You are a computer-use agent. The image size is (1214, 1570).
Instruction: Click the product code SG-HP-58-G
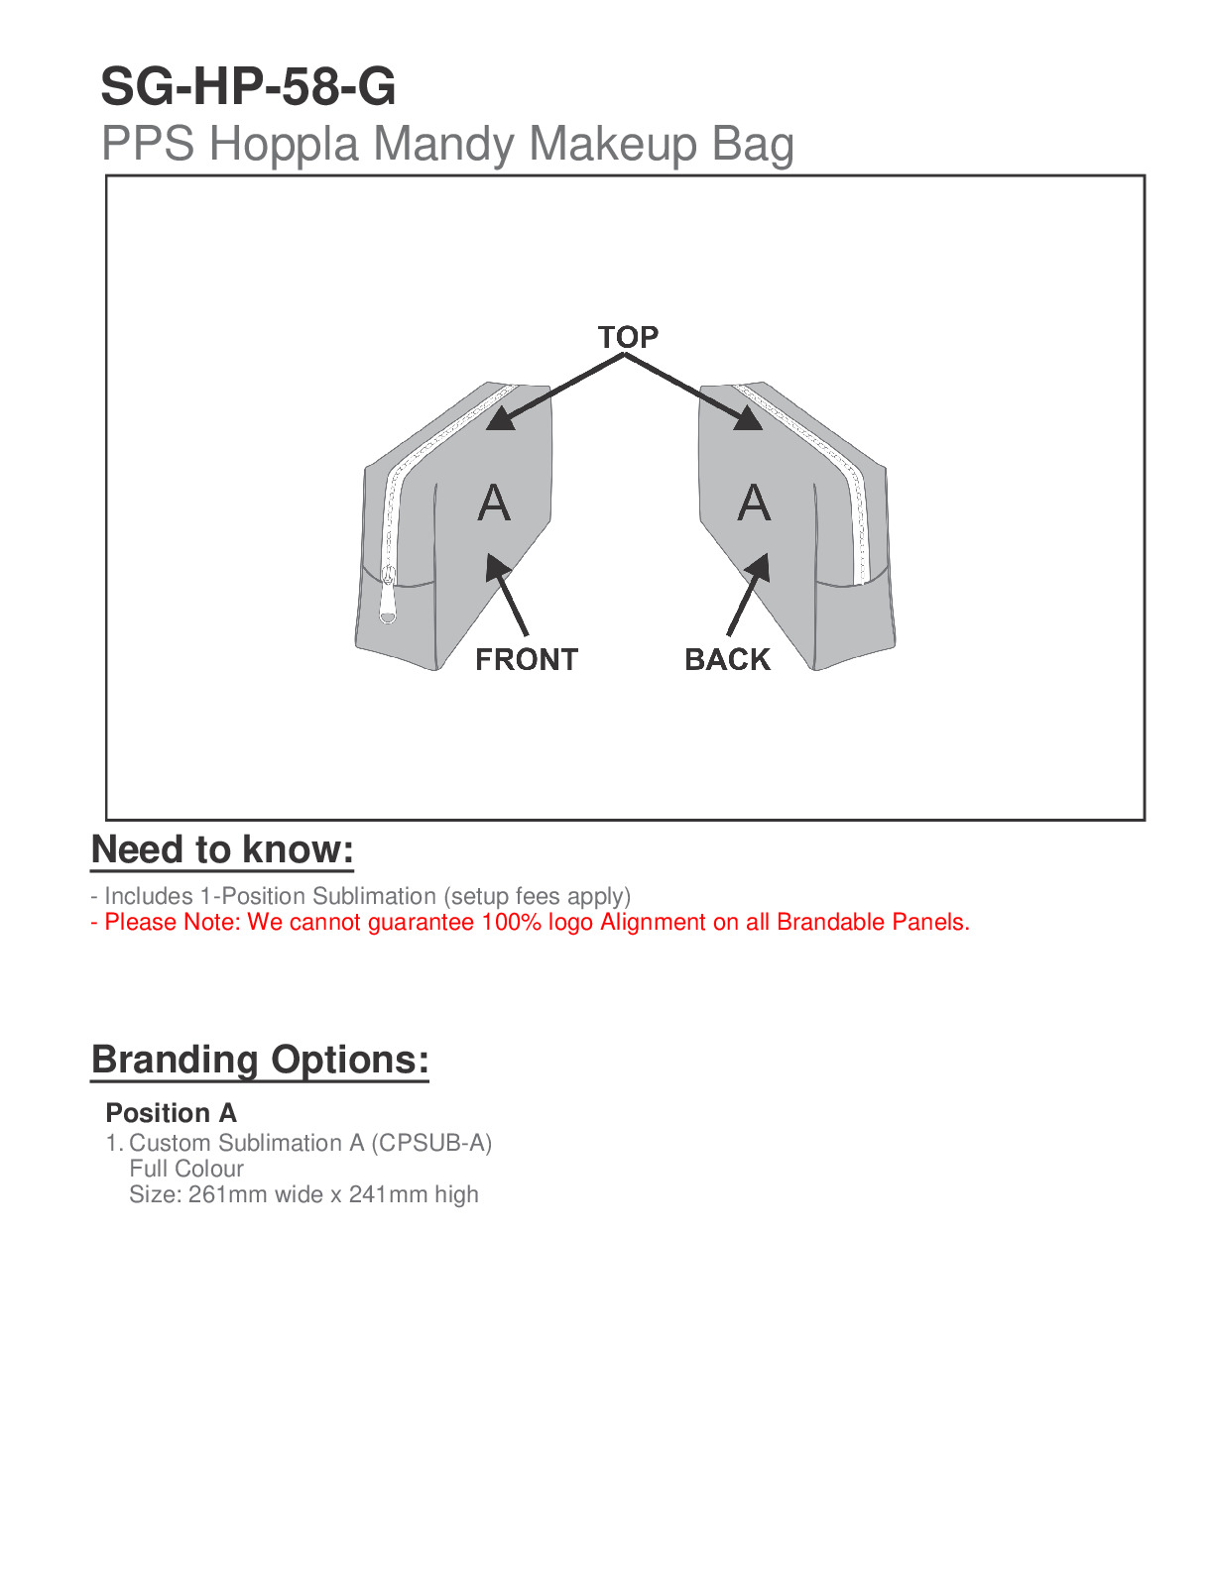tap(248, 87)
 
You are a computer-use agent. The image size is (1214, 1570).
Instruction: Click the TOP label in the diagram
tap(628, 337)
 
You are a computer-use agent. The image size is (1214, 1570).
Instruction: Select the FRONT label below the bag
tap(526, 659)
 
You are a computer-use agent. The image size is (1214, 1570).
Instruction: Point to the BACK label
tap(727, 659)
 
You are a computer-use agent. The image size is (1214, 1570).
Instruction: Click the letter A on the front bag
tap(494, 504)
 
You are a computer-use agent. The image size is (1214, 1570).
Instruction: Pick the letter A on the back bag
tap(754, 504)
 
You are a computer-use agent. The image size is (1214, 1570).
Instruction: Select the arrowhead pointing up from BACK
tap(758, 568)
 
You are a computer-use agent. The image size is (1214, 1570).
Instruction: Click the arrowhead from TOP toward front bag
tap(501, 419)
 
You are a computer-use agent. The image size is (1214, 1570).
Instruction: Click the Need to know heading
tap(222, 850)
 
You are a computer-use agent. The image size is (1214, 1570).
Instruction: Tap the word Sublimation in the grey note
tap(374, 896)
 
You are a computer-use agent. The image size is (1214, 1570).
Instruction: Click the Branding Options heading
tap(260, 1060)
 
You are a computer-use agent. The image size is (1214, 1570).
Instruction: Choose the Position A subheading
tap(171, 1113)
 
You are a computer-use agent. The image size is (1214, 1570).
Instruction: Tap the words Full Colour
tap(186, 1169)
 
